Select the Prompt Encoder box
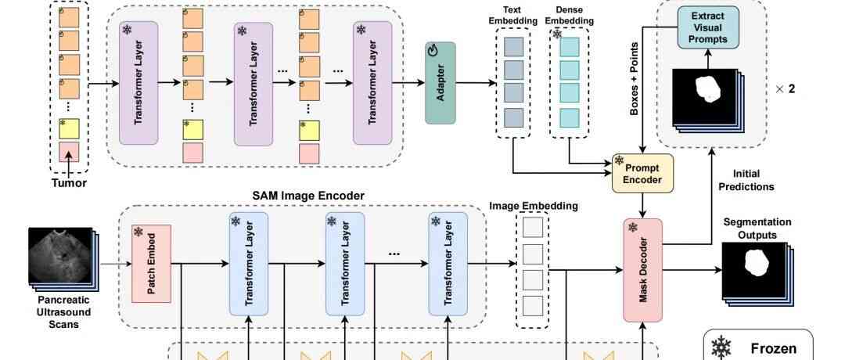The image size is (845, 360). coord(642,173)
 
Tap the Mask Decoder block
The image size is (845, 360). coord(642,270)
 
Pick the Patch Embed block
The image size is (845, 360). coord(151,264)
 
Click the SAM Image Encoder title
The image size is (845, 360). coord(297,195)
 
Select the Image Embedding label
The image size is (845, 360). coord(534,206)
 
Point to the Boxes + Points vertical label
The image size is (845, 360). coord(635,79)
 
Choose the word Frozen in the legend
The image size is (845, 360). coord(774,349)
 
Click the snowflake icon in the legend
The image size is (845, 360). coord(720,348)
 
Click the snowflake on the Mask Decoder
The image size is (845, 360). coord(632,228)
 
